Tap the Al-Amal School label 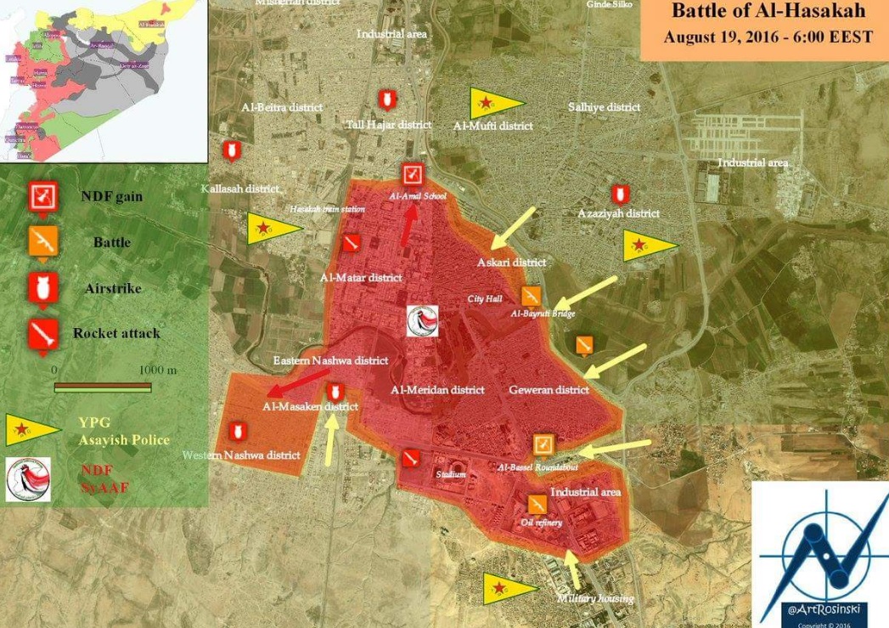417,196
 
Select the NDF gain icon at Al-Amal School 413,174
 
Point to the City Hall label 485,299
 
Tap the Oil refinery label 542,523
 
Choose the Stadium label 451,474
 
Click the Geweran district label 549,390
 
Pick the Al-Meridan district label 437,390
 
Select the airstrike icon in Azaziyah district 621,194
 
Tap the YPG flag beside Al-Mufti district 495,104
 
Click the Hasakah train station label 328,208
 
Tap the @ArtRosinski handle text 819,610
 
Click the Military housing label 595,599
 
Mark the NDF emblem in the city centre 422,321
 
